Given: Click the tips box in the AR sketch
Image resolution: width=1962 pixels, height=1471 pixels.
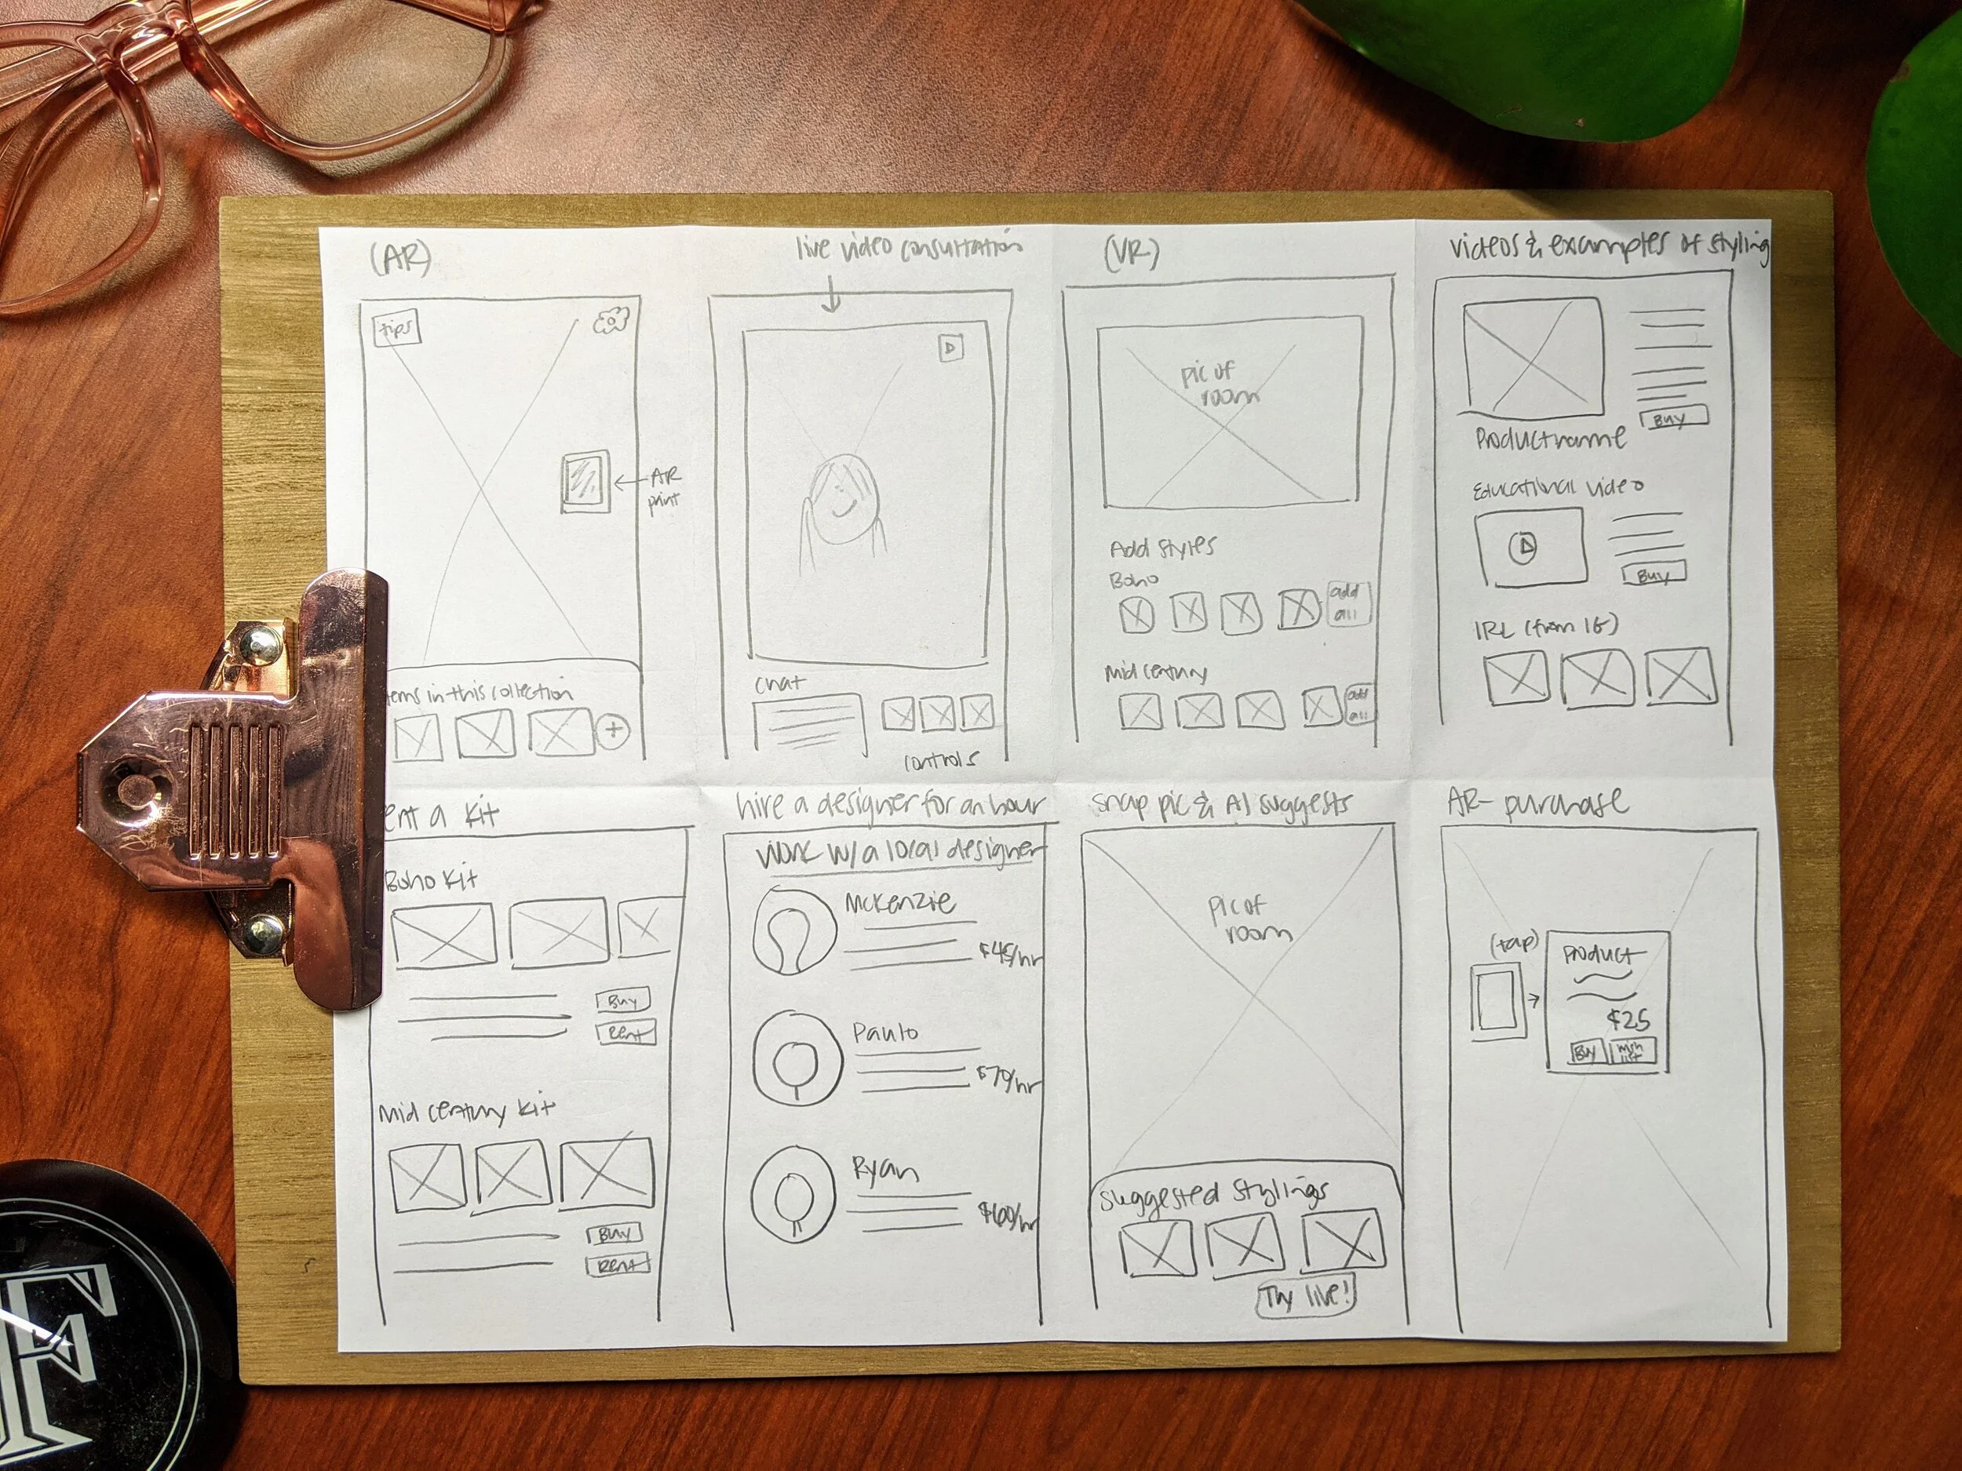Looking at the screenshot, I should click(x=396, y=330).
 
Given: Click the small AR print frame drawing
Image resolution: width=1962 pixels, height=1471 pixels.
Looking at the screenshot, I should click(x=586, y=482).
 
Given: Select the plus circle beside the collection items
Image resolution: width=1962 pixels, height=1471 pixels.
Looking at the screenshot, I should click(x=614, y=730).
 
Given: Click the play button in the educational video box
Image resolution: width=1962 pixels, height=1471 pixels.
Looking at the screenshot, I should click(x=1523, y=547).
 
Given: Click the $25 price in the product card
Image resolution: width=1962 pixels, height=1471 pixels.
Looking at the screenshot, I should click(x=1628, y=1020).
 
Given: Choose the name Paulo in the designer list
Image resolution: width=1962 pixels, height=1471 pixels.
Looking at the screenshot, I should click(x=884, y=1032).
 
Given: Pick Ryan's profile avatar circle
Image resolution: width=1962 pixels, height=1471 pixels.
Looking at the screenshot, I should click(x=792, y=1191).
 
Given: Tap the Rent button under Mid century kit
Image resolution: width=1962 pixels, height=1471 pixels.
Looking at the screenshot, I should click(x=618, y=1265).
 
